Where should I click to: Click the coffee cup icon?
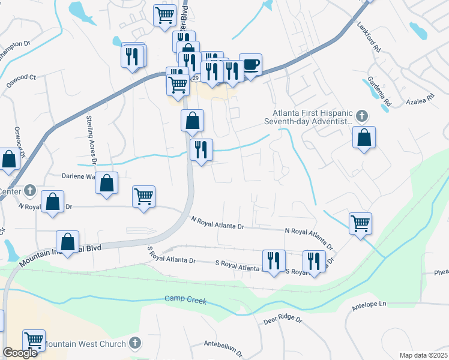(x=250, y=64)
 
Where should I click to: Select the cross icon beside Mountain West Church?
(x=136, y=343)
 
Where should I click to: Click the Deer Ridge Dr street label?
(x=283, y=320)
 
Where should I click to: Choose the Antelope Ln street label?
(x=369, y=306)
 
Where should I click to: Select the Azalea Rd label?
(x=421, y=98)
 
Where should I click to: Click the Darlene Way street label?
(x=79, y=176)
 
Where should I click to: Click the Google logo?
(x=20, y=353)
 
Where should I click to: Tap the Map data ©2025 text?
(x=423, y=355)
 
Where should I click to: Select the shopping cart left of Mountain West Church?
(x=34, y=340)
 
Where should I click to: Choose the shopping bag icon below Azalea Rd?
(x=364, y=137)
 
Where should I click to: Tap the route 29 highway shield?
(x=196, y=78)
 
